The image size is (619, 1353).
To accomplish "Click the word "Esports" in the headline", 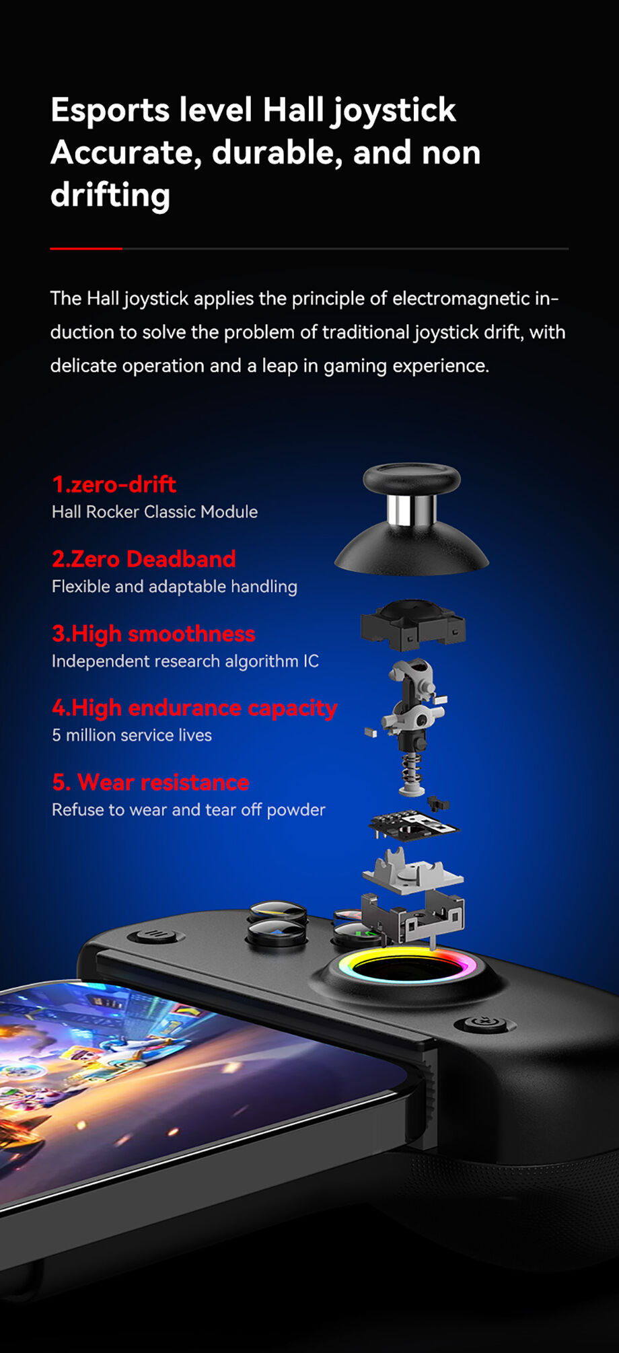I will click(x=109, y=110).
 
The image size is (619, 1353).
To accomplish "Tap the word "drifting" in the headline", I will click(x=110, y=195).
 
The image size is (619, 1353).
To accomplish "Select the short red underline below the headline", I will click(x=86, y=248).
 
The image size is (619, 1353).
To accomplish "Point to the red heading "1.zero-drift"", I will click(x=114, y=484).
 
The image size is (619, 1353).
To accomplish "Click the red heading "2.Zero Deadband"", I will click(x=143, y=559).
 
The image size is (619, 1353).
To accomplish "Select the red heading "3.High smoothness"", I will click(x=153, y=634).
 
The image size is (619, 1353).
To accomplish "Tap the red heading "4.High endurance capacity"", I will click(x=194, y=708).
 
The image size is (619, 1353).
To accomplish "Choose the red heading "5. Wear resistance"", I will click(x=150, y=782).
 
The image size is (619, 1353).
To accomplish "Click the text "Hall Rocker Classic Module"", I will click(x=154, y=512).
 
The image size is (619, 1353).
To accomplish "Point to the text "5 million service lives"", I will click(x=132, y=735).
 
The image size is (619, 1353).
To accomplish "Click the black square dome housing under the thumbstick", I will click(x=412, y=624).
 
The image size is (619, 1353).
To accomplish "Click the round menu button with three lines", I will click(x=156, y=935).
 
